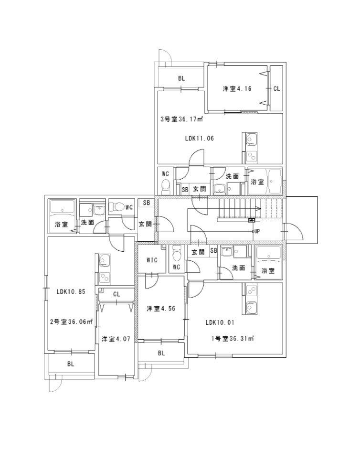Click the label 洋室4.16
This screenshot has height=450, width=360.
(x=237, y=89)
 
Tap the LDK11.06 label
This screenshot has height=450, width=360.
(x=200, y=139)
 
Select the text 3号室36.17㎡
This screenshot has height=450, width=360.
(x=181, y=119)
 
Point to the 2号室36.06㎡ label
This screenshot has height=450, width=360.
(x=72, y=322)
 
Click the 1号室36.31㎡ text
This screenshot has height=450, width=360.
(x=233, y=339)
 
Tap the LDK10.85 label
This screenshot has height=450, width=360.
(x=71, y=291)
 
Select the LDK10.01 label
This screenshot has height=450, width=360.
(x=220, y=322)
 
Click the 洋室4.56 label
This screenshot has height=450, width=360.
(x=161, y=309)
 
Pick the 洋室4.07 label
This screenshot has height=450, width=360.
(x=116, y=339)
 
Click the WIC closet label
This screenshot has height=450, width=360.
(x=152, y=260)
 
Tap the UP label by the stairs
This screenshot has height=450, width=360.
(x=257, y=231)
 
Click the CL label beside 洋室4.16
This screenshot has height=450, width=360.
(x=276, y=89)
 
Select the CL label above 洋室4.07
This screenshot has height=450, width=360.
(x=116, y=294)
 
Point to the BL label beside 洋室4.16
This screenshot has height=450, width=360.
(x=181, y=78)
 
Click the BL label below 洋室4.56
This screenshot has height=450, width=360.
(x=161, y=354)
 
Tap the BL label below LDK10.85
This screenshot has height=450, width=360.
(x=71, y=364)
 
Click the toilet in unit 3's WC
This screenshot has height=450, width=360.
(x=166, y=186)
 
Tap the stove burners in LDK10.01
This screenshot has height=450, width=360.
(x=252, y=291)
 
